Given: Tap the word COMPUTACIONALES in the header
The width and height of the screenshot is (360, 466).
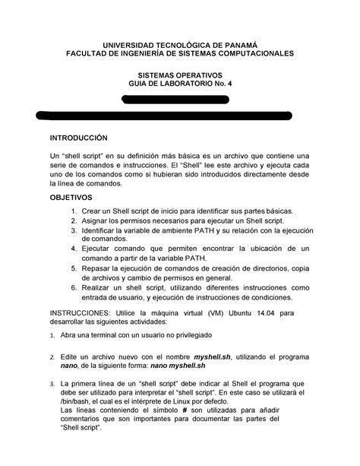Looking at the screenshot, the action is (244, 55).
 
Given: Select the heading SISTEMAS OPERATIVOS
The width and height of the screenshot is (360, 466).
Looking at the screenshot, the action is (179, 76).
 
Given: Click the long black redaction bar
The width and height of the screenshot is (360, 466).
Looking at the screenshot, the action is (164, 115).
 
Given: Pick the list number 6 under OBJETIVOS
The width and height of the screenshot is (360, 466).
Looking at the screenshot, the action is (73, 288).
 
